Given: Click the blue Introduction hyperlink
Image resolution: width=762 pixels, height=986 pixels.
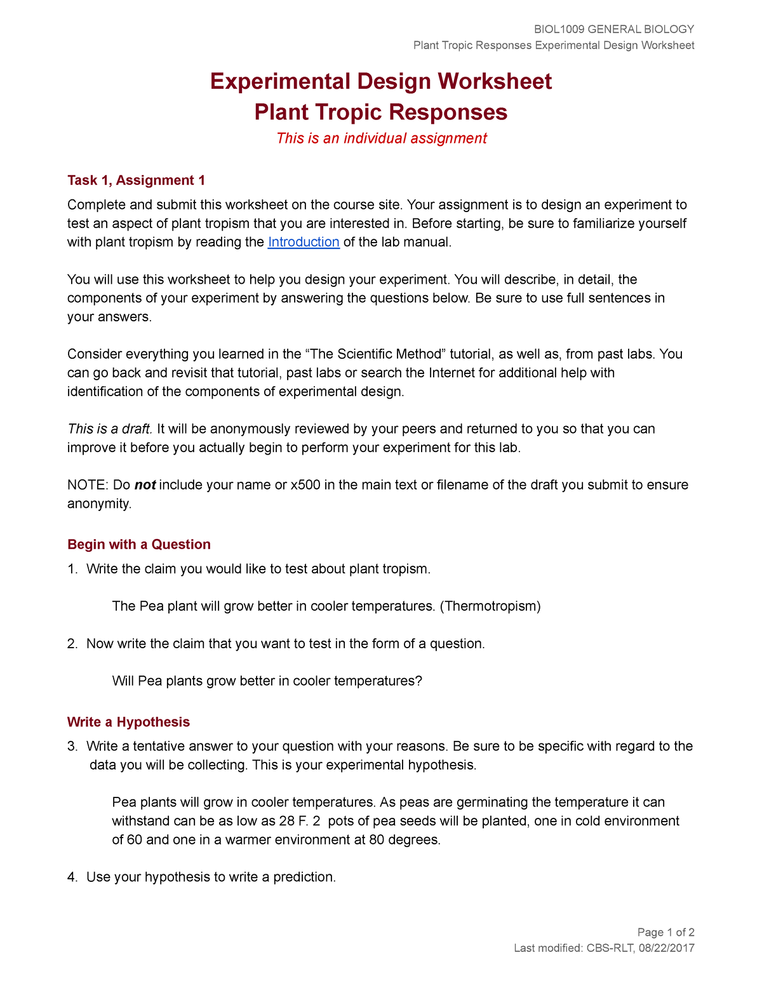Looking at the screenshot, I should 304,242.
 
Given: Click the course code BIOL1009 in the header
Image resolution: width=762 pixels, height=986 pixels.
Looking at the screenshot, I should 559,29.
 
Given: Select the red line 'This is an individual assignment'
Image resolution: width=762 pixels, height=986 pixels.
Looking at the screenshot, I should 381,138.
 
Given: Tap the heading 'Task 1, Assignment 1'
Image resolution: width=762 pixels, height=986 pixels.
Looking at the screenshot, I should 136,180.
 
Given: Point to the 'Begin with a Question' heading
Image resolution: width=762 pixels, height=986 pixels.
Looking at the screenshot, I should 138,544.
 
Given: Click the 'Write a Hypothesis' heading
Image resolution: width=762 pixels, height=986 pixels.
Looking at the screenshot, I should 128,722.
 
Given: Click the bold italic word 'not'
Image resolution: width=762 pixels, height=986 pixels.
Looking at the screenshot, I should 145,485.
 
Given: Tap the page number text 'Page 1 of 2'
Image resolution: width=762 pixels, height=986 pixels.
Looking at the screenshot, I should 665,932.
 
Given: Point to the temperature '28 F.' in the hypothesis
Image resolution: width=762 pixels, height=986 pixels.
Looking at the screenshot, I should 293,821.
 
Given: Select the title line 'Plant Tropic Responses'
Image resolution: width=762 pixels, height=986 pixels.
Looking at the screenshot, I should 381,112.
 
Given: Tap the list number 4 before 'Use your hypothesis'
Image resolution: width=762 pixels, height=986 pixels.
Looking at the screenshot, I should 72,877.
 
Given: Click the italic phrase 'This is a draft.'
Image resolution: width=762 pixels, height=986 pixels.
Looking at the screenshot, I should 110,429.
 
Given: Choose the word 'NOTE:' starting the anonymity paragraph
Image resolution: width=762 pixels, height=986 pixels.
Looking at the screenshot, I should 88,485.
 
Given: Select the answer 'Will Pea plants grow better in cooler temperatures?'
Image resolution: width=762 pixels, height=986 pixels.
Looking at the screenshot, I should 267,681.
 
